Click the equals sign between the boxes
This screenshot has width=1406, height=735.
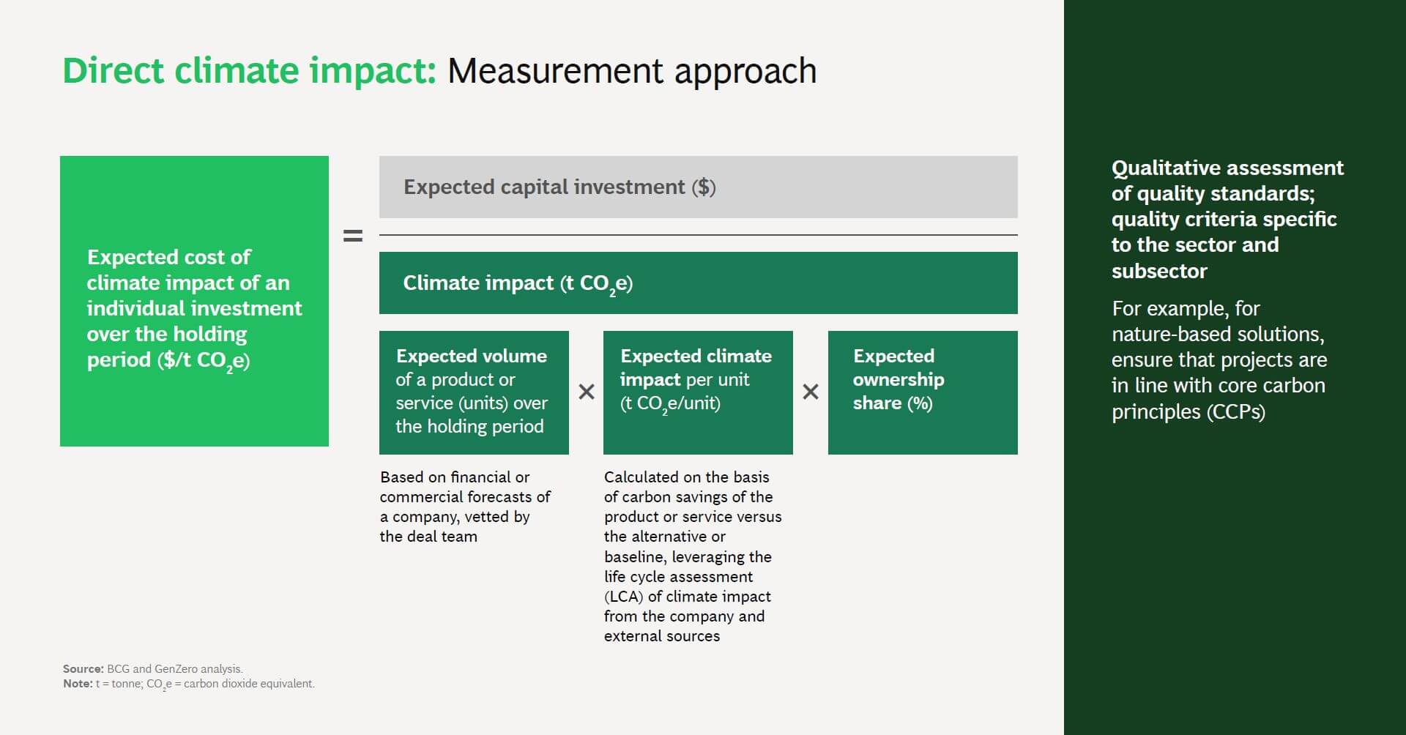pos(353,236)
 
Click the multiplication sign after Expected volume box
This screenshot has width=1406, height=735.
pos(587,392)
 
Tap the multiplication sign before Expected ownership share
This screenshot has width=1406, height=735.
pos(811,392)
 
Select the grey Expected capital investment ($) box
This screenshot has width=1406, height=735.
pos(698,187)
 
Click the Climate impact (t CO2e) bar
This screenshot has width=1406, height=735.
pos(698,283)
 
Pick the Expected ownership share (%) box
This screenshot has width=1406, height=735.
pos(923,392)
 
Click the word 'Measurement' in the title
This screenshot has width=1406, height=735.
pos(556,71)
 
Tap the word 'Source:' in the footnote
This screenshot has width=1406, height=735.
pos(83,668)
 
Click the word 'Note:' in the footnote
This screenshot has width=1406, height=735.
pos(78,683)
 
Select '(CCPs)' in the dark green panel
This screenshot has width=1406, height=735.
pos(1236,411)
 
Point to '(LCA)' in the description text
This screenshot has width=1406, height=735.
pos(623,597)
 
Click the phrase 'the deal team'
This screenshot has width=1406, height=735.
pos(428,537)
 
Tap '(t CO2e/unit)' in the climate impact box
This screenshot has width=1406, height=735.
pos(670,403)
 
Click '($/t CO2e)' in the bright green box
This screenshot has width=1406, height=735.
pos(204,360)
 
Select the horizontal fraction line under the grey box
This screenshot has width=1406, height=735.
pos(698,235)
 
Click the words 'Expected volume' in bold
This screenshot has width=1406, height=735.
pos(472,356)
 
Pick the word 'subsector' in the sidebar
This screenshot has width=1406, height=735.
pos(1159,271)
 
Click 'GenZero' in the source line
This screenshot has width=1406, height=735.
pos(176,668)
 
